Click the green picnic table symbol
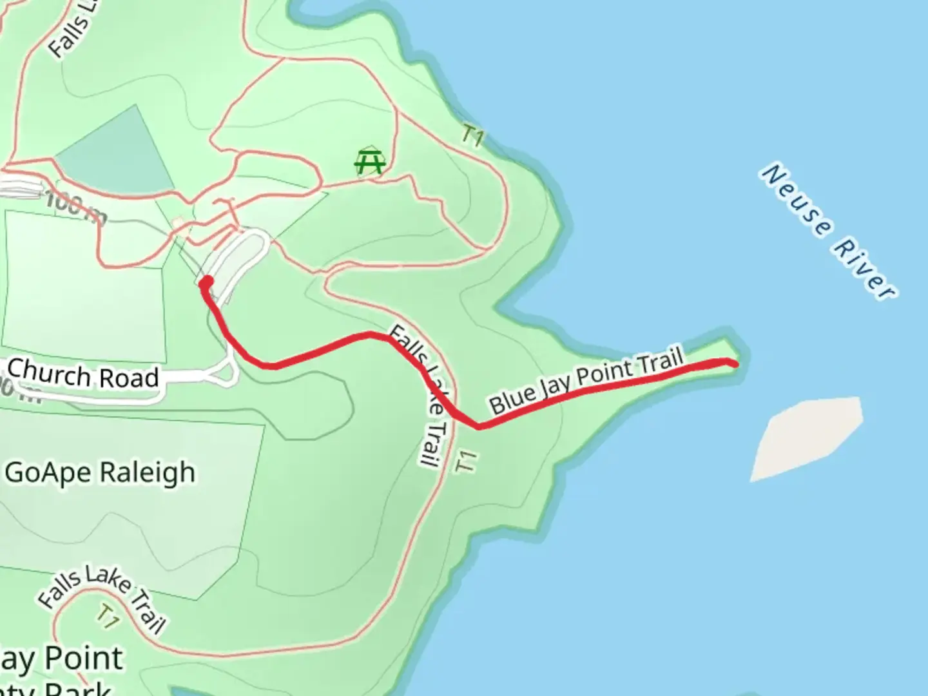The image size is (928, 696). point(371,162)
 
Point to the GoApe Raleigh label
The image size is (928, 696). point(100,473)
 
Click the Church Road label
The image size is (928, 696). point(82,374)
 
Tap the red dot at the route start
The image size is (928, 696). point(207,282)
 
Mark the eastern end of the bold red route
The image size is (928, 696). point(735,364)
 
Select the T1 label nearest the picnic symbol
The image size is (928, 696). point(473,136)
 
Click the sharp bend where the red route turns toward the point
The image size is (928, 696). point(478,426)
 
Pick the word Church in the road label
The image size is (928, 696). point(46,372)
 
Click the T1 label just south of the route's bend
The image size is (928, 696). point(466,461)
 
